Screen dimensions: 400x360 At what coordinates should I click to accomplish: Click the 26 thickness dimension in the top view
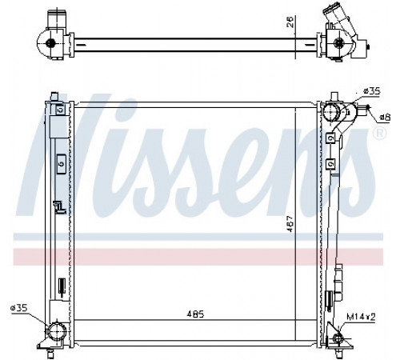coord(290,22)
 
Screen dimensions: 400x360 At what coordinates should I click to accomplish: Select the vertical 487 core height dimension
coord(290,223)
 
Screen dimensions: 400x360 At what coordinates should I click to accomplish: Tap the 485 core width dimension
coord(195,314)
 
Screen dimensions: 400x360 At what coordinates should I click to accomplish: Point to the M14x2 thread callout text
coord(361,317)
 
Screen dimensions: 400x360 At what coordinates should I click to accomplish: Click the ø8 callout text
coord(385,117)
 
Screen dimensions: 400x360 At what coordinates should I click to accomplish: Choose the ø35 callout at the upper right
coord(371,91)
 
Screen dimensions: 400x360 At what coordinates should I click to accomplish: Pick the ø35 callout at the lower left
coord(18,308)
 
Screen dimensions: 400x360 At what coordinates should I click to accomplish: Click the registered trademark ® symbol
coord(380,133)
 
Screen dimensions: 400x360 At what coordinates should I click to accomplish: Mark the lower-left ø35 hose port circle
coord(57,331)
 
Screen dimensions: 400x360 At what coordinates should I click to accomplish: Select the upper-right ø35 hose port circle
coord(330,112)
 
